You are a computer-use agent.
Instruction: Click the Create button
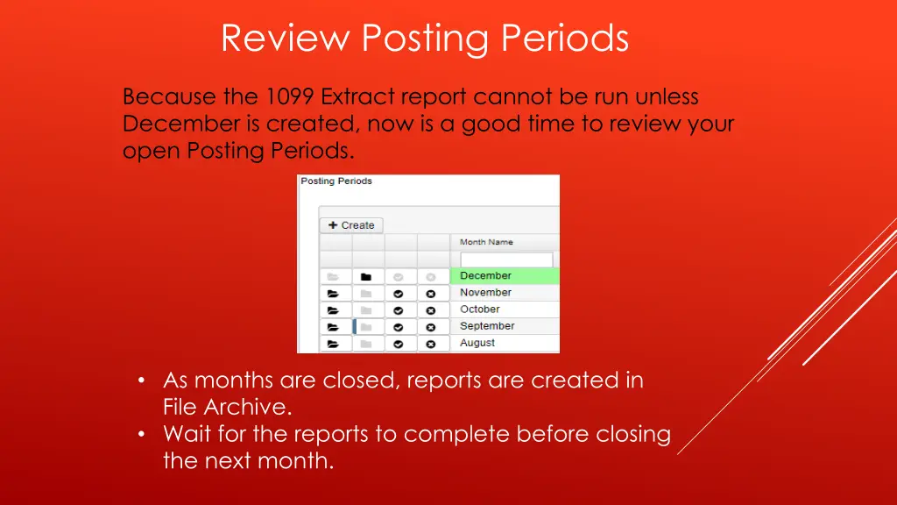click(350, 225)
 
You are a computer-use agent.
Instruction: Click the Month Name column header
click(487, 242)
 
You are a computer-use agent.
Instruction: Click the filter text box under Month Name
click(506, 260)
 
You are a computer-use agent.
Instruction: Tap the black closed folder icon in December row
click(366, 276)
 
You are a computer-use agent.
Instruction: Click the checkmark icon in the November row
click(399, 294)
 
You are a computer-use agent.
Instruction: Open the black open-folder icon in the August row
click(333, 345)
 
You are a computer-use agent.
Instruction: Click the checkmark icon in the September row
click(399, 327)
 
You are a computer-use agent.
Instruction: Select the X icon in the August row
click(430, 345)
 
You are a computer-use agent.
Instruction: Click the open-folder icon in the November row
click(333, 294)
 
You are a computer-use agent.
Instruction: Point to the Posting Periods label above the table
click(336, 181)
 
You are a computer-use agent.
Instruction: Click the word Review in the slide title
click(286, 39)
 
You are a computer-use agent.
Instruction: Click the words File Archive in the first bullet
click(227, 407)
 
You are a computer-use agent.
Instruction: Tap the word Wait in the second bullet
click(187, 433)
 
